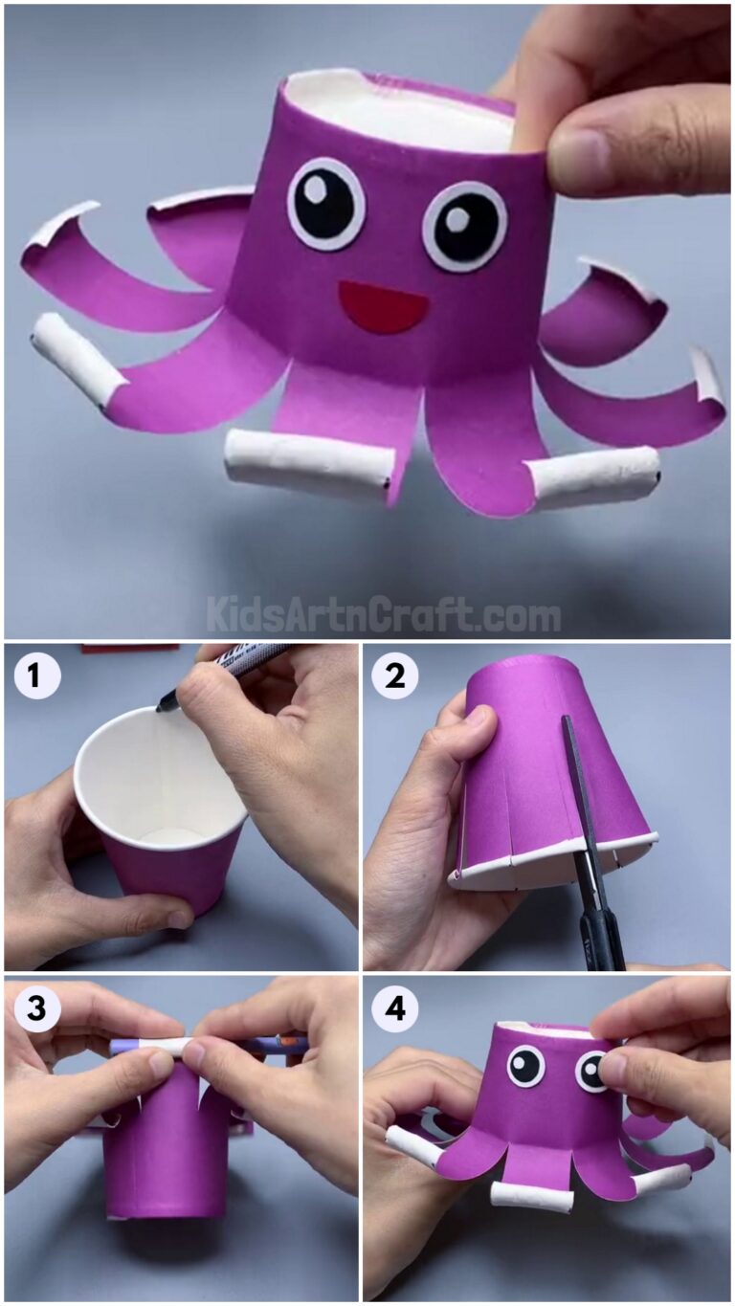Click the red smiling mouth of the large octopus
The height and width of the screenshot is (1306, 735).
tap(384, 306)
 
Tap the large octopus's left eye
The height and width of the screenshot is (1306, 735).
tap(326, 204)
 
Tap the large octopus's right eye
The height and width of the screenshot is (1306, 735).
tap(464, 226)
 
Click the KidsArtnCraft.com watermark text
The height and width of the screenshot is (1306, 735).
tap(383, 613)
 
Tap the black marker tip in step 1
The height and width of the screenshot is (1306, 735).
tap(163, 706)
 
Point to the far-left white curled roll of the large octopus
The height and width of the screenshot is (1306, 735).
tap(77, 359)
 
